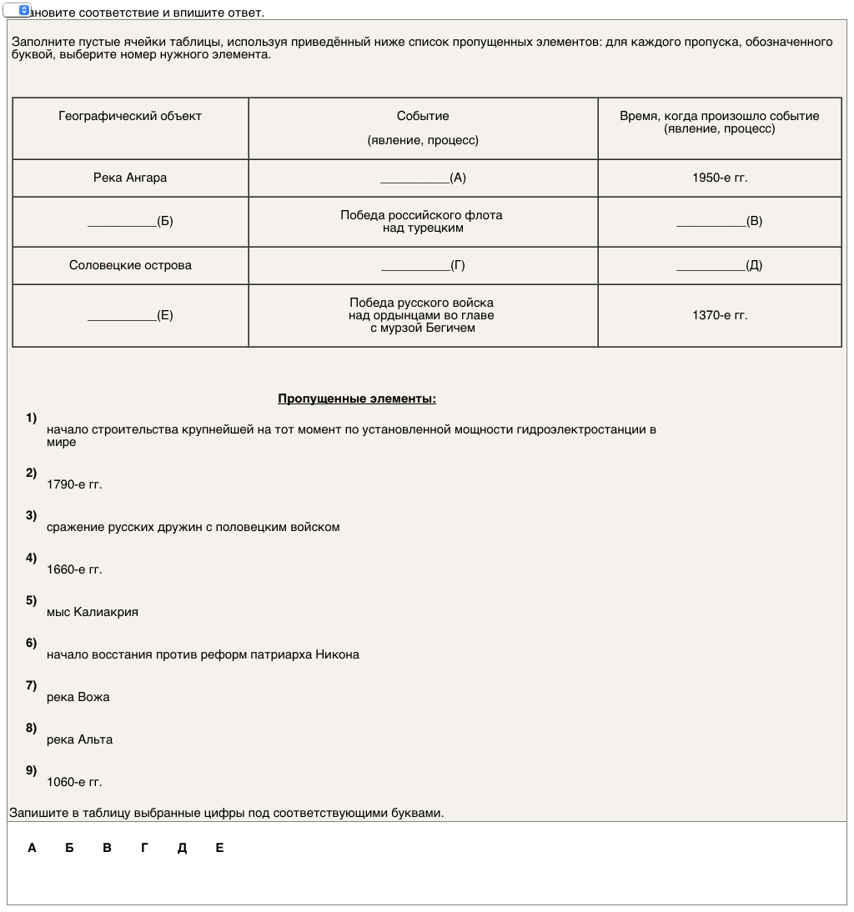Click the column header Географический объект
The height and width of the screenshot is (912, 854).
tap(130, 117)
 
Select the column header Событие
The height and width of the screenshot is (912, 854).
tap(423, 117)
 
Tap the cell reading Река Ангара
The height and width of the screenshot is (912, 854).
tap(130, 178)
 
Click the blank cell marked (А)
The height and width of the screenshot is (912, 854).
tap(423, 178)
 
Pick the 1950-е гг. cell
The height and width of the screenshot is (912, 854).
tap(720, 178)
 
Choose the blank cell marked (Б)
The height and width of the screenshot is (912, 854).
tap(130, 221)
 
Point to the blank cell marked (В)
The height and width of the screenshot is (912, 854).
tap(720, 221)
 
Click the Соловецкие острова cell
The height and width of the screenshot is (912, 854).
tap(130, 265)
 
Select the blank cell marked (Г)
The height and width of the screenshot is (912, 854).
tap(423, 265)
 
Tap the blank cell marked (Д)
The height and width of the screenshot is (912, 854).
tap(720, 265)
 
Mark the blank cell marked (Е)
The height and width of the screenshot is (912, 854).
tap(130, 315)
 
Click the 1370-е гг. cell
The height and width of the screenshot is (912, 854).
tap(720, 315)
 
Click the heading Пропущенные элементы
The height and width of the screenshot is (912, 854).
tap(357, 398)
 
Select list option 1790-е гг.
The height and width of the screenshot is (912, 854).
tap(74, 484)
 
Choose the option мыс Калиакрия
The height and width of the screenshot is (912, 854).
tap(93, 612)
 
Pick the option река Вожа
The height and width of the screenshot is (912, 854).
tap(78, 697)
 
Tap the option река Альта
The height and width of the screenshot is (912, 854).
tap(79, 739)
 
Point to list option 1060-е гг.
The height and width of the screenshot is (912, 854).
tap(74, 782)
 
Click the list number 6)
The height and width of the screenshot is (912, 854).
tap(32, 643)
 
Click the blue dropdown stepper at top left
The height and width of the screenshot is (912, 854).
tap(24, 10)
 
